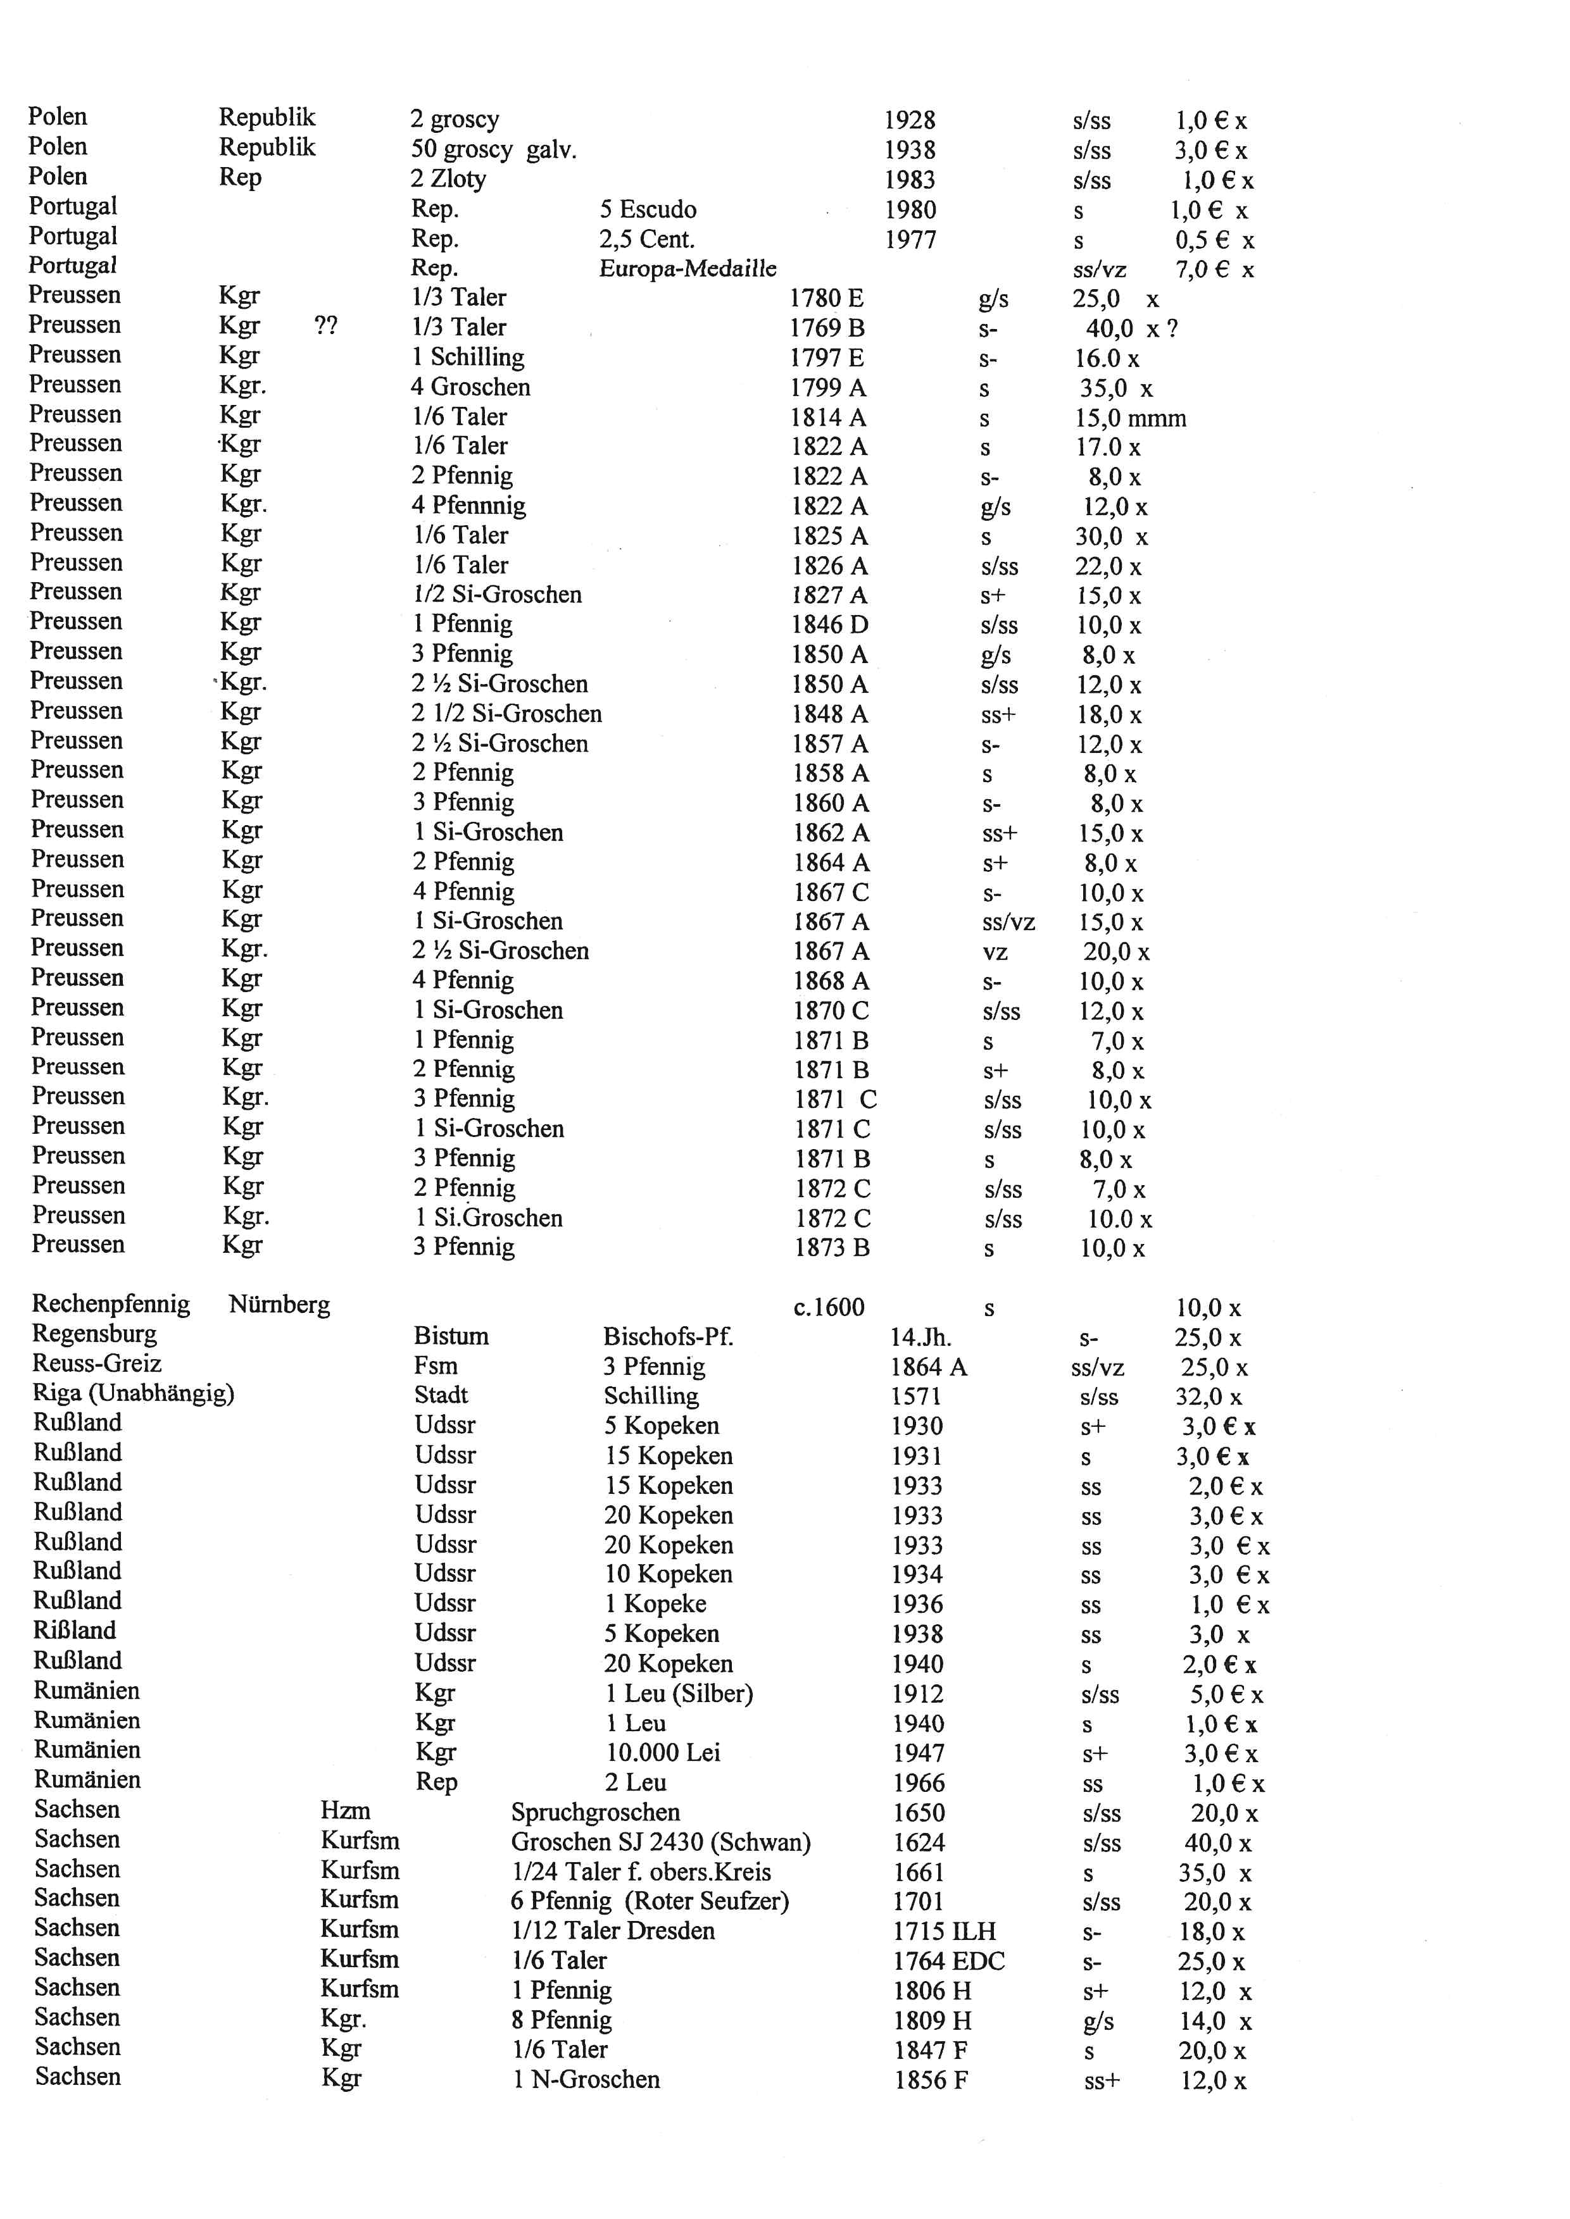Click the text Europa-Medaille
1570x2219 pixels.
pos(688,269)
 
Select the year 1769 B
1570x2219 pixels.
pos(827,328)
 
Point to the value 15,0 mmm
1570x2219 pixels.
pos(1130,418)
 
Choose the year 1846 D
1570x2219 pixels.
pos(829,625)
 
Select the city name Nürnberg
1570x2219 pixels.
pos(279,1305)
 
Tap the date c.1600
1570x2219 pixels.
pos(829,1308)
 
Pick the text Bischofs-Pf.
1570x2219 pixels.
pos(668,1336)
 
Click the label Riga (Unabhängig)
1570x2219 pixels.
pos(134,1394)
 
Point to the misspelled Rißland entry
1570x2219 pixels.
pos(75,1631)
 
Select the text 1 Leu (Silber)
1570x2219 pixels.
pos(679,1693)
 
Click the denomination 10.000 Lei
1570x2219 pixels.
pos(663,1752)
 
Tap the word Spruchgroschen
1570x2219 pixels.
pos(596,1812)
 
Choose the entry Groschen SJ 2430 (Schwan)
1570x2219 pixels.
pos(660,1842)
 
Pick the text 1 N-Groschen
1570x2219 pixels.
pos(586,2079)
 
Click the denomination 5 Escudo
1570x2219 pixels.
pos(648,209)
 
